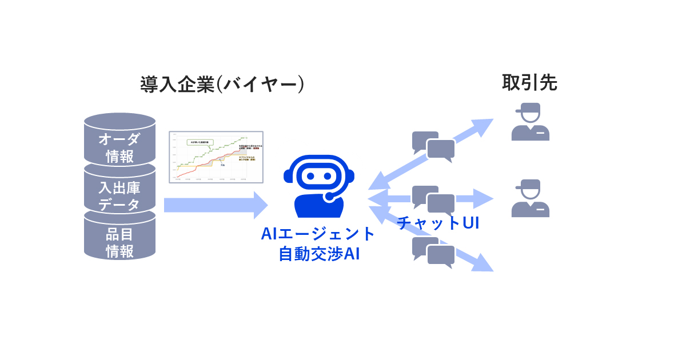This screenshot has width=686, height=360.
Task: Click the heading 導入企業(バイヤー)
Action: (222, 84)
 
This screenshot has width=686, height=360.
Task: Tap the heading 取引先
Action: (529, 83)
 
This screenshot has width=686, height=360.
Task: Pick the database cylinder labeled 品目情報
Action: (119, 240)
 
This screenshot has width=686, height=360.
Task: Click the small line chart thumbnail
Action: (216, 157)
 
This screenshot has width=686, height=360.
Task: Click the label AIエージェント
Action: (318, 234)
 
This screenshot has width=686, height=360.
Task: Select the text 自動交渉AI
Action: (318, 253)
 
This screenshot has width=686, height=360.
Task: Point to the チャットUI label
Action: (438, 223)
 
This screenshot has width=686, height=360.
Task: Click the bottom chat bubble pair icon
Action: (433, 252)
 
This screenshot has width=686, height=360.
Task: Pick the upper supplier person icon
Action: (531, 122)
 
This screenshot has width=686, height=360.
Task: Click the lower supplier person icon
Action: (531, 198)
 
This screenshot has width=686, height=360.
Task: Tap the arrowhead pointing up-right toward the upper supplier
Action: (483, 127)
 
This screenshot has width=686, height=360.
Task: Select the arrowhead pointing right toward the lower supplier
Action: (483, 199)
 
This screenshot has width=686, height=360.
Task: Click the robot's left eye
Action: (310, 176)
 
